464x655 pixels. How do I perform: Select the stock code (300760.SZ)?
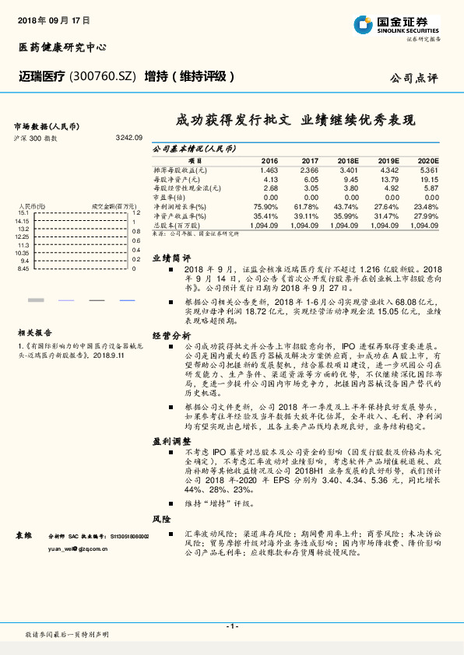tap(103, 76)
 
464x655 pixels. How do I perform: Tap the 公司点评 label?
tap(414, 78)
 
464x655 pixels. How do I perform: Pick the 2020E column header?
tap(428, 160)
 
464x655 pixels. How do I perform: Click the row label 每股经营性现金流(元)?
tap(188, 188)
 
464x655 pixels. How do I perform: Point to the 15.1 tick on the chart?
tap(23, 212)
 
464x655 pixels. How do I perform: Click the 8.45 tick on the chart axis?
tap(23, 268)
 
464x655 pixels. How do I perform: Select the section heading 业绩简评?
tap(170, 257)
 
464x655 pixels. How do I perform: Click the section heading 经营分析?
tap(170, 335)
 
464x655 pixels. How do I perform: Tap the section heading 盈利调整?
tap(170, 441)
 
